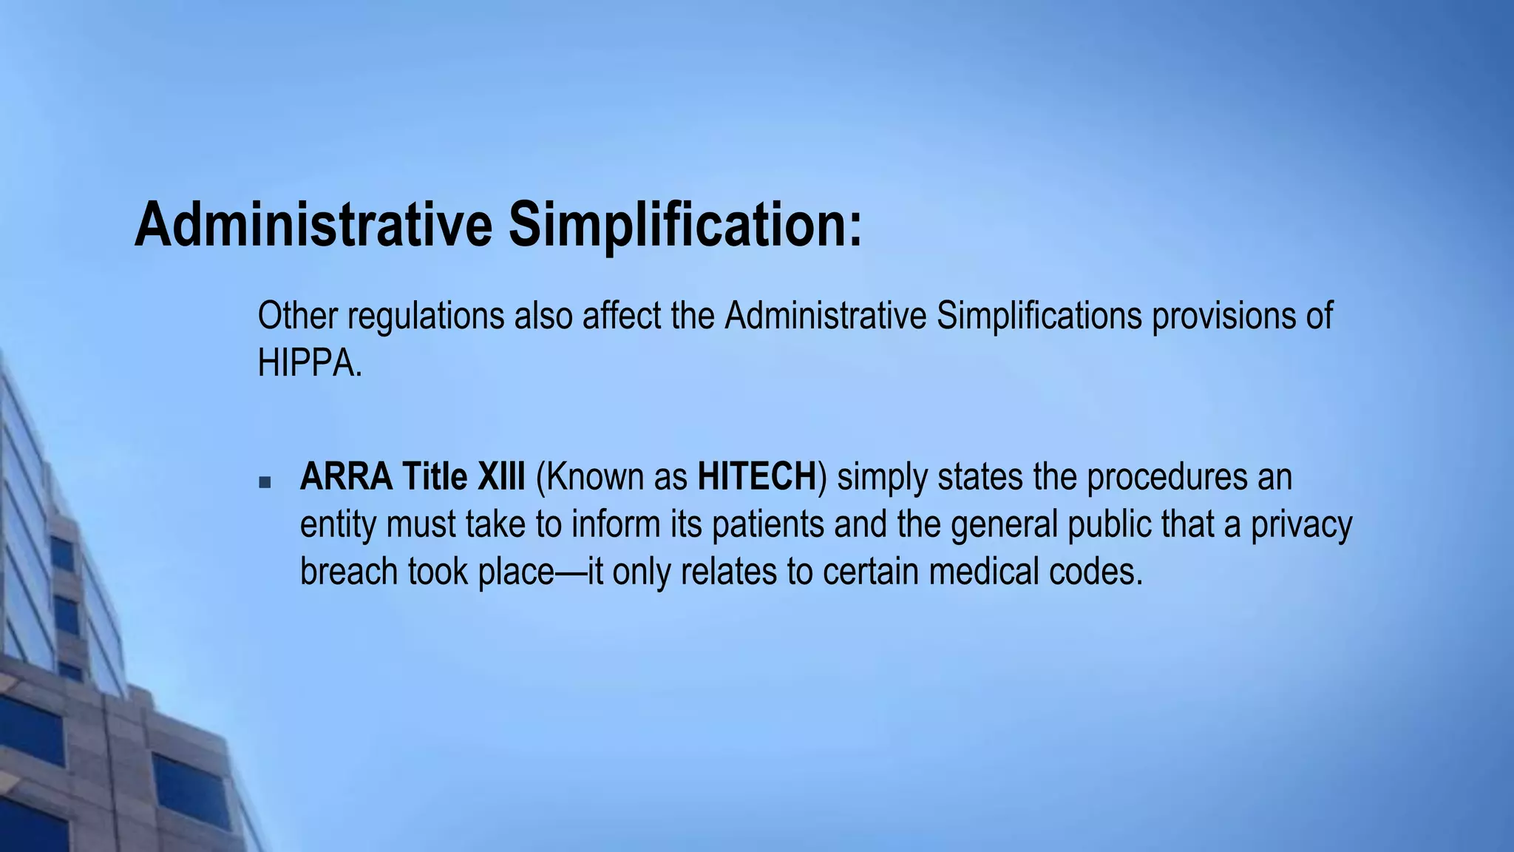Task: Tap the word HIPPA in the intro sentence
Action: pyautogui.click(x=305, y=363)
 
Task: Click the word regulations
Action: pyautogui.click(x=427, y=316)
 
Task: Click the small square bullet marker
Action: pyautogui.click(x=265, y=483)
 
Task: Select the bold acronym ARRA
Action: pyautogui.click(x=346, y=477)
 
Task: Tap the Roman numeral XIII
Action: pyautogui.click(x=501, y=477)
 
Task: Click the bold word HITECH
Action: pyautogui.click(x=756, y=477)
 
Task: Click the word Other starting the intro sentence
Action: pyautogui.click(x=297, y=316)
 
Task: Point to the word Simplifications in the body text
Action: pyautogui.click(x=1039, y=316)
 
